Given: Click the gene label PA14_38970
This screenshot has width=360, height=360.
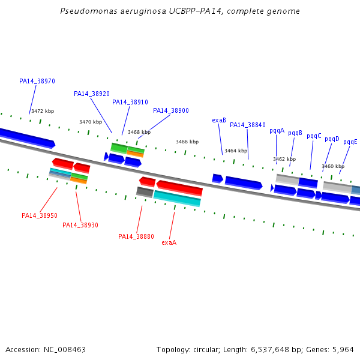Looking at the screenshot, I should point(37,81).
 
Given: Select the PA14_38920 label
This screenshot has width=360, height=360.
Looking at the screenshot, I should point(92,94).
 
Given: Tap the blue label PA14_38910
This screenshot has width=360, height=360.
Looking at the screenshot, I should point(130,102).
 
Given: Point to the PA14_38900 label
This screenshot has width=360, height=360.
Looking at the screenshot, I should point(171,110).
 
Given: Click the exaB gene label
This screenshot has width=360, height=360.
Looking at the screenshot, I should point(219,120).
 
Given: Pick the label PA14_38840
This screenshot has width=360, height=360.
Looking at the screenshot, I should point(248,125).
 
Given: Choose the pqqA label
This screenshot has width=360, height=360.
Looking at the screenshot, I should point(277,130).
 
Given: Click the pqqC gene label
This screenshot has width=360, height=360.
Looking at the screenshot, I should point(314,136).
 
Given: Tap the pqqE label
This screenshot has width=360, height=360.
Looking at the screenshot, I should point(350,142).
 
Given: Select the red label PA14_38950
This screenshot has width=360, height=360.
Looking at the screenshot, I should point(40,215).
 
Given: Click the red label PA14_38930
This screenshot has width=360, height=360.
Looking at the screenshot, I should point(80,225).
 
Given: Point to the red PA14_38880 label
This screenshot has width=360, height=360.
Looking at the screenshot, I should point(136,236).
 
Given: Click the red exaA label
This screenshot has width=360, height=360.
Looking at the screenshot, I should point(169,242).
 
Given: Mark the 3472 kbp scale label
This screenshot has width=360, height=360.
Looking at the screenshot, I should point(43,111).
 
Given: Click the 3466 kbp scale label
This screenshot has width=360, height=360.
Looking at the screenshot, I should point(187,142).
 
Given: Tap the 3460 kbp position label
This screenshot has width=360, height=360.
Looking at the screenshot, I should point(333,166).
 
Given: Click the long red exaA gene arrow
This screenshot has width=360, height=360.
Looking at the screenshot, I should point(179,188).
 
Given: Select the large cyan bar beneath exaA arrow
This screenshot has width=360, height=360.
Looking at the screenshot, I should point(177,199).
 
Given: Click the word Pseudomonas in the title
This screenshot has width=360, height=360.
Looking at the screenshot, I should point(83,11).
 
